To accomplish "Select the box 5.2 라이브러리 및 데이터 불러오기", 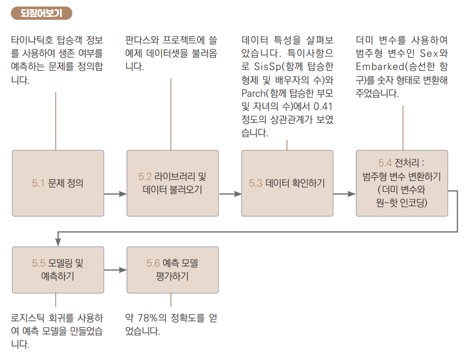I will (173, 183).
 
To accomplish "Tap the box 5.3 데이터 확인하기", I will (287, 183).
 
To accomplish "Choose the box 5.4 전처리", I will (402, 183).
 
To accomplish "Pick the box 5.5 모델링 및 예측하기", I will (58, 270).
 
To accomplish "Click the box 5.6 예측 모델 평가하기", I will (173, 270).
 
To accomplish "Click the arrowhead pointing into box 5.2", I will (123, 193).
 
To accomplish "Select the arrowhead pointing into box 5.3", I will (238, 193).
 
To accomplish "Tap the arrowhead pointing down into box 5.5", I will (58, 243).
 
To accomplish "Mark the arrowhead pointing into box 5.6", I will (123, 270).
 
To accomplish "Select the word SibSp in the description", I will (266, 66).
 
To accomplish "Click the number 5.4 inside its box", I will (385, 163).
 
